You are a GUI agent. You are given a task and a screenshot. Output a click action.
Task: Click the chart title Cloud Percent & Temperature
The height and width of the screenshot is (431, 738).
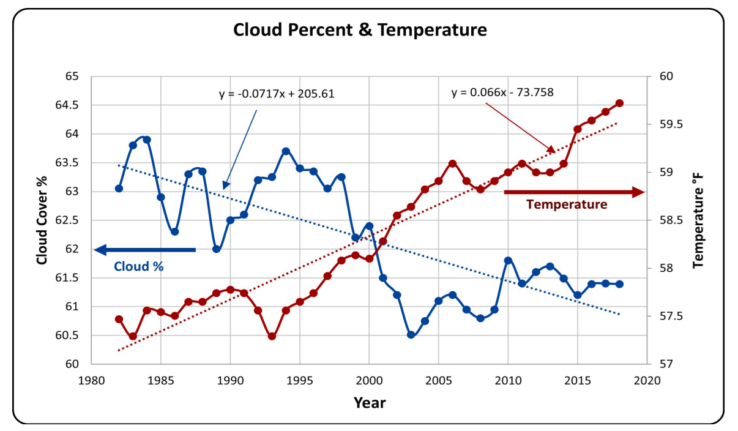pyautogui.click(x=360, y=29)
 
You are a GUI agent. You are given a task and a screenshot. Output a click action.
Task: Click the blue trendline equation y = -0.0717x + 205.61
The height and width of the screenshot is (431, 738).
pyautogui.click(x=277, y=94)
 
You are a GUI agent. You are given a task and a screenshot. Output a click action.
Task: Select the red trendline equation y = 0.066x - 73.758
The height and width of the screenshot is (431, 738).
pyautogui.click(x=503, y=92)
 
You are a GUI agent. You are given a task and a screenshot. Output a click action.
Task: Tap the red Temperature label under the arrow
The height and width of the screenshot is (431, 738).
pyautogui.click(x=567, y=204)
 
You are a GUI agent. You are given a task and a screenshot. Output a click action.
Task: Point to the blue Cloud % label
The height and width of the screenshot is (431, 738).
pyautogui.click(x=139, y=266)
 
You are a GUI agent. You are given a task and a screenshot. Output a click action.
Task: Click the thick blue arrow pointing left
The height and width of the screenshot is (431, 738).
pyautogui.click(x=145, y=250)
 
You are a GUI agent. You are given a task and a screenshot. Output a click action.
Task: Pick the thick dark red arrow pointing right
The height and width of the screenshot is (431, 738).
pyautogui.click(x=573, y=192)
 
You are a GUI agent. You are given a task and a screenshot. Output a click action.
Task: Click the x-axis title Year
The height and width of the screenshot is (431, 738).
pyautogui.click(x=370, y=402)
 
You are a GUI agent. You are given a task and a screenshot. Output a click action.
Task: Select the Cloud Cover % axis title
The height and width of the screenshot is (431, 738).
pyautogui.click(x=42, y=220)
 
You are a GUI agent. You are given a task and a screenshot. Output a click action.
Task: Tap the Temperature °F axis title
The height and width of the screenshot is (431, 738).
pyautogui.click(x=698, y=220)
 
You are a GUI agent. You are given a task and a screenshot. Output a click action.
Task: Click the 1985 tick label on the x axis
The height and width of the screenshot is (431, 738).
pyautogui.click(x=161, y=380)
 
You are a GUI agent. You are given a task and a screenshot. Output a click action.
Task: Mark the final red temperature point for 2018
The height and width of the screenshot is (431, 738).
pyautogui.click(x=619, y=103)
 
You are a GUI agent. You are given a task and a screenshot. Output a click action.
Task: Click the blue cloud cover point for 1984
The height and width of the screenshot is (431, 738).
pyautogui.click(x=147, y=140)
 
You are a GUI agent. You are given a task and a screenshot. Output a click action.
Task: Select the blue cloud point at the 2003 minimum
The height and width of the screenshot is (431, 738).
pyautogui.click(x=411, y=335)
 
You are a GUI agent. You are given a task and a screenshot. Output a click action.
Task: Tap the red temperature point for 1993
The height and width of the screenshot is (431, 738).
pyautogui.click(x=272, y=336)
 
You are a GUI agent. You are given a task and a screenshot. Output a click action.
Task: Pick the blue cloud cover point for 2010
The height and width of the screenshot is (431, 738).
pyautogui.click(x=508, y=260)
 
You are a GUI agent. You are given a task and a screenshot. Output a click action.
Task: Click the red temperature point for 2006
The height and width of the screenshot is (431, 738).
pyautogui.click(x=453, y=163)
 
